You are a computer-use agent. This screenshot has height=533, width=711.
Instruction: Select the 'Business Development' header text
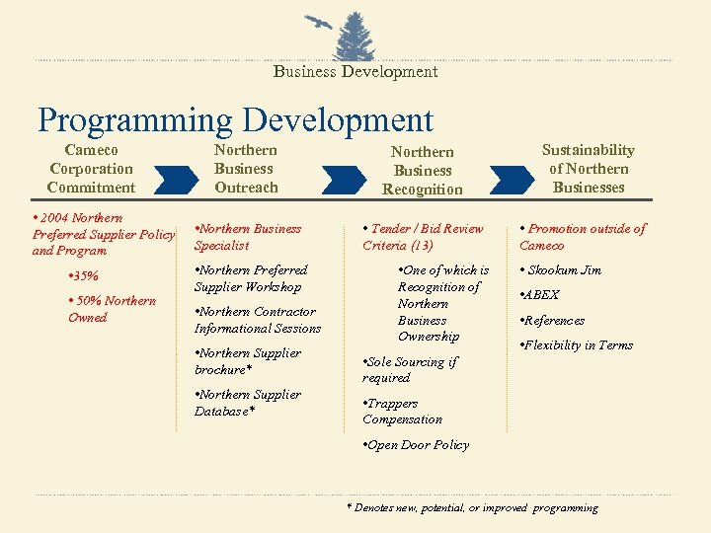[355, 71]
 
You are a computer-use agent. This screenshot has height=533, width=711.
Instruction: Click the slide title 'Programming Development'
[235, 120]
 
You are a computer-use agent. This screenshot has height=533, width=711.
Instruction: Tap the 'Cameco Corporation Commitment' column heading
[91, 169]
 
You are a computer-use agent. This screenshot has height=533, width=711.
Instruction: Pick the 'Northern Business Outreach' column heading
[246, 169]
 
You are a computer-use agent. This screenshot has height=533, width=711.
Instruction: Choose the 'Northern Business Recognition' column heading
[422, 171]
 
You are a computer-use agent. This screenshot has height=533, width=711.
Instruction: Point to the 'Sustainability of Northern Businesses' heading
[589, 169]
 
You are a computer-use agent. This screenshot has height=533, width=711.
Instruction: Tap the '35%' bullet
[84, 276]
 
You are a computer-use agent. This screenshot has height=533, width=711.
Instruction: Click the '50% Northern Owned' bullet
[111, 309]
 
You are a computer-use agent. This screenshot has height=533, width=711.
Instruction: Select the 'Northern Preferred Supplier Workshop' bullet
[251, 278]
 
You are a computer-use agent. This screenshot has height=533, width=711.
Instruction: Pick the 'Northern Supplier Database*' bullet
[248, 403]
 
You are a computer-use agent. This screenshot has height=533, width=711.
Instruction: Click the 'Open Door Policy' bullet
[416, 445]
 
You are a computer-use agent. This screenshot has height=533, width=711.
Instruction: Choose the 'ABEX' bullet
[541, 295]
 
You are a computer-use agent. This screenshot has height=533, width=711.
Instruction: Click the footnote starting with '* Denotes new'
[472, 508]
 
